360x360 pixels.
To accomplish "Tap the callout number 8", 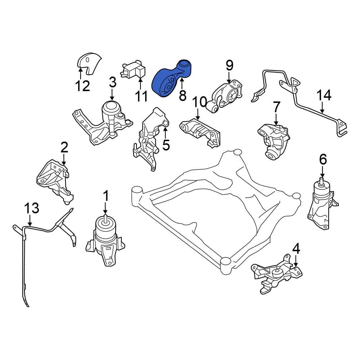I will [x=182, y=95].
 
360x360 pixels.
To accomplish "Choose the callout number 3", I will [x=112, y=83].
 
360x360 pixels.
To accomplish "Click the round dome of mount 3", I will [x=111, y=108].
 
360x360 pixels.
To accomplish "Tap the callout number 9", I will [x=229, y=66].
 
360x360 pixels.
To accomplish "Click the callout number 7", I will [x=276, y=107].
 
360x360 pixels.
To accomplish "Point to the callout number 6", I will [x=323, y=159].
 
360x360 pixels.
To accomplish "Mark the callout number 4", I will [x=296, y=248].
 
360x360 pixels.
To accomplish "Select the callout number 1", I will [x=106, y=196].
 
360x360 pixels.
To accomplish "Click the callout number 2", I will [x=64, y=147].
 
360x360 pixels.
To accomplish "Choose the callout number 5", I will [x=166, y=145].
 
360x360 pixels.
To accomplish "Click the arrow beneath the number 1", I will [x=105, y=209].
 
